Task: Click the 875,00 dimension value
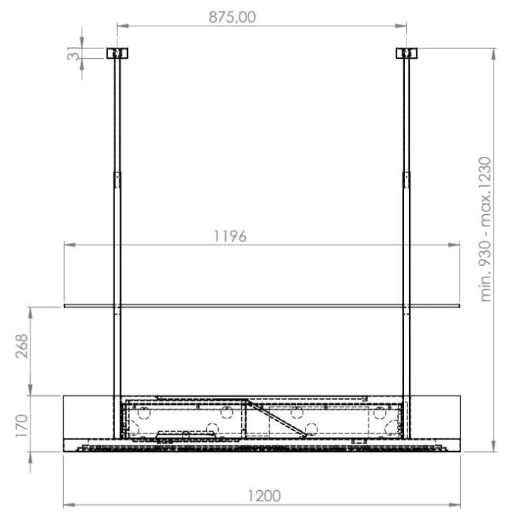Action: (232, 17)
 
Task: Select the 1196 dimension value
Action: (230, 236)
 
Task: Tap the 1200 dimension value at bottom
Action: (264, 496)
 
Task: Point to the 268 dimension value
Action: (22, 346)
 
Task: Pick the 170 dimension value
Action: (22, 426)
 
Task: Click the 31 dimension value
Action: (72, 53)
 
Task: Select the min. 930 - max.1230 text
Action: (485, 229)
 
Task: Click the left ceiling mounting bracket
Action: (117, 53)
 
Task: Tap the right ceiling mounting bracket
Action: (406, 53)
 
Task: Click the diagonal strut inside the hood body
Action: (277, 419)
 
